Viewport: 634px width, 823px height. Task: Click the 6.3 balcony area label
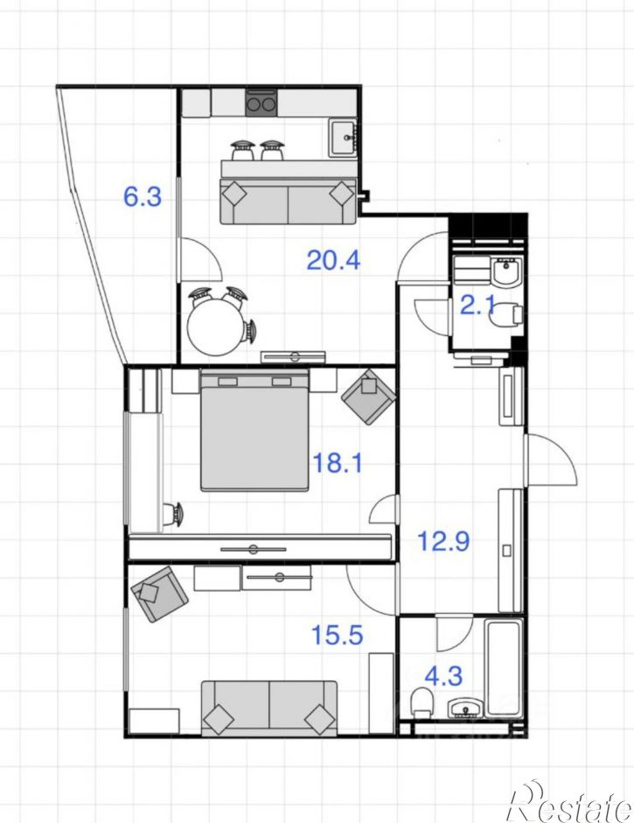[x=143, y=197]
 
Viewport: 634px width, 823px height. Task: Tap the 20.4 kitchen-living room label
[x=333, y=260]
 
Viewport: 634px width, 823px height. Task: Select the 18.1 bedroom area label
[x=338, y=463]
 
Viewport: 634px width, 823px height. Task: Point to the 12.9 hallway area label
[x=443, y=540]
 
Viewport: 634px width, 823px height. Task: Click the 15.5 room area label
[x=338, y=635]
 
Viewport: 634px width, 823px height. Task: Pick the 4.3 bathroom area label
[x=443, y=676]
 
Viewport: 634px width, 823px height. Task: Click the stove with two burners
[x=261, y=103]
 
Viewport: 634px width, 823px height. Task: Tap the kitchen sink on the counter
[x=344, y=137]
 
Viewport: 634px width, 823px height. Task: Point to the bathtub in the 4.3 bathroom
[x=504, y=668]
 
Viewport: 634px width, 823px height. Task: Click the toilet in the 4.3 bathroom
[x=422, y=702]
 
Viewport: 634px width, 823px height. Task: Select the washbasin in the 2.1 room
[x=507, y=272]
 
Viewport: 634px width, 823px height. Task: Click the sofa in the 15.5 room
[x=269, y=708]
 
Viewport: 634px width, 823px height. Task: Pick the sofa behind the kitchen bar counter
[x=289, y=201]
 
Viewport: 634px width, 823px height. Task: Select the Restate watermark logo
[x=569, y=801]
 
